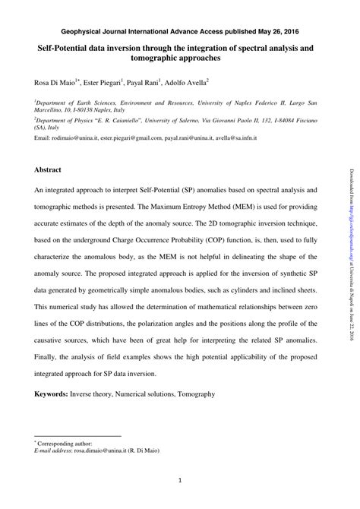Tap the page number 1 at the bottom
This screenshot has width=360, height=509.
tap(180, 480)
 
